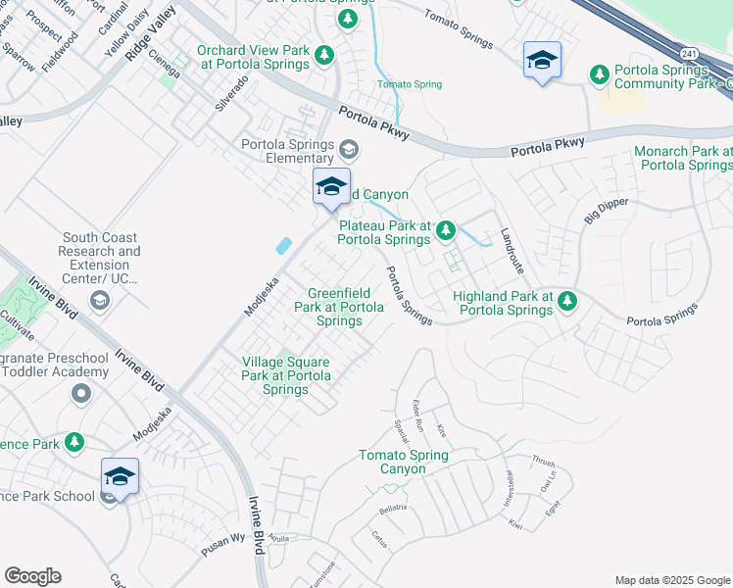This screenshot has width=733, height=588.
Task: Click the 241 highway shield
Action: [691, 55]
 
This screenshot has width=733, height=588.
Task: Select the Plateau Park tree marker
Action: [446, 230]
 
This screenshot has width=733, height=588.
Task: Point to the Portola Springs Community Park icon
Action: [599, 73]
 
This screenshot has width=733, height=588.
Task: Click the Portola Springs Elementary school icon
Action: [349, 150]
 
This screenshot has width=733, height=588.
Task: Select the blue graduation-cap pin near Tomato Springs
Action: [542, 61]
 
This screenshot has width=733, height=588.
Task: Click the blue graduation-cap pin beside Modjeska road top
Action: [331, 186]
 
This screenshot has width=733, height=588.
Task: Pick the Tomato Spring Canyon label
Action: [403, 462]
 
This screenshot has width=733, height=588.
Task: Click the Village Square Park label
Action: [285, 375]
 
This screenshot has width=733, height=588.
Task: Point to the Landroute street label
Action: [513, 251]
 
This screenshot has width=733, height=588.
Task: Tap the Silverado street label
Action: [232, 93]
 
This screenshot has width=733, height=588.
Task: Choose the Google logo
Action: [32, 576]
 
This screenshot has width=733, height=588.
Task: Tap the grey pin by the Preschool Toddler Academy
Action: [80, 394]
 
